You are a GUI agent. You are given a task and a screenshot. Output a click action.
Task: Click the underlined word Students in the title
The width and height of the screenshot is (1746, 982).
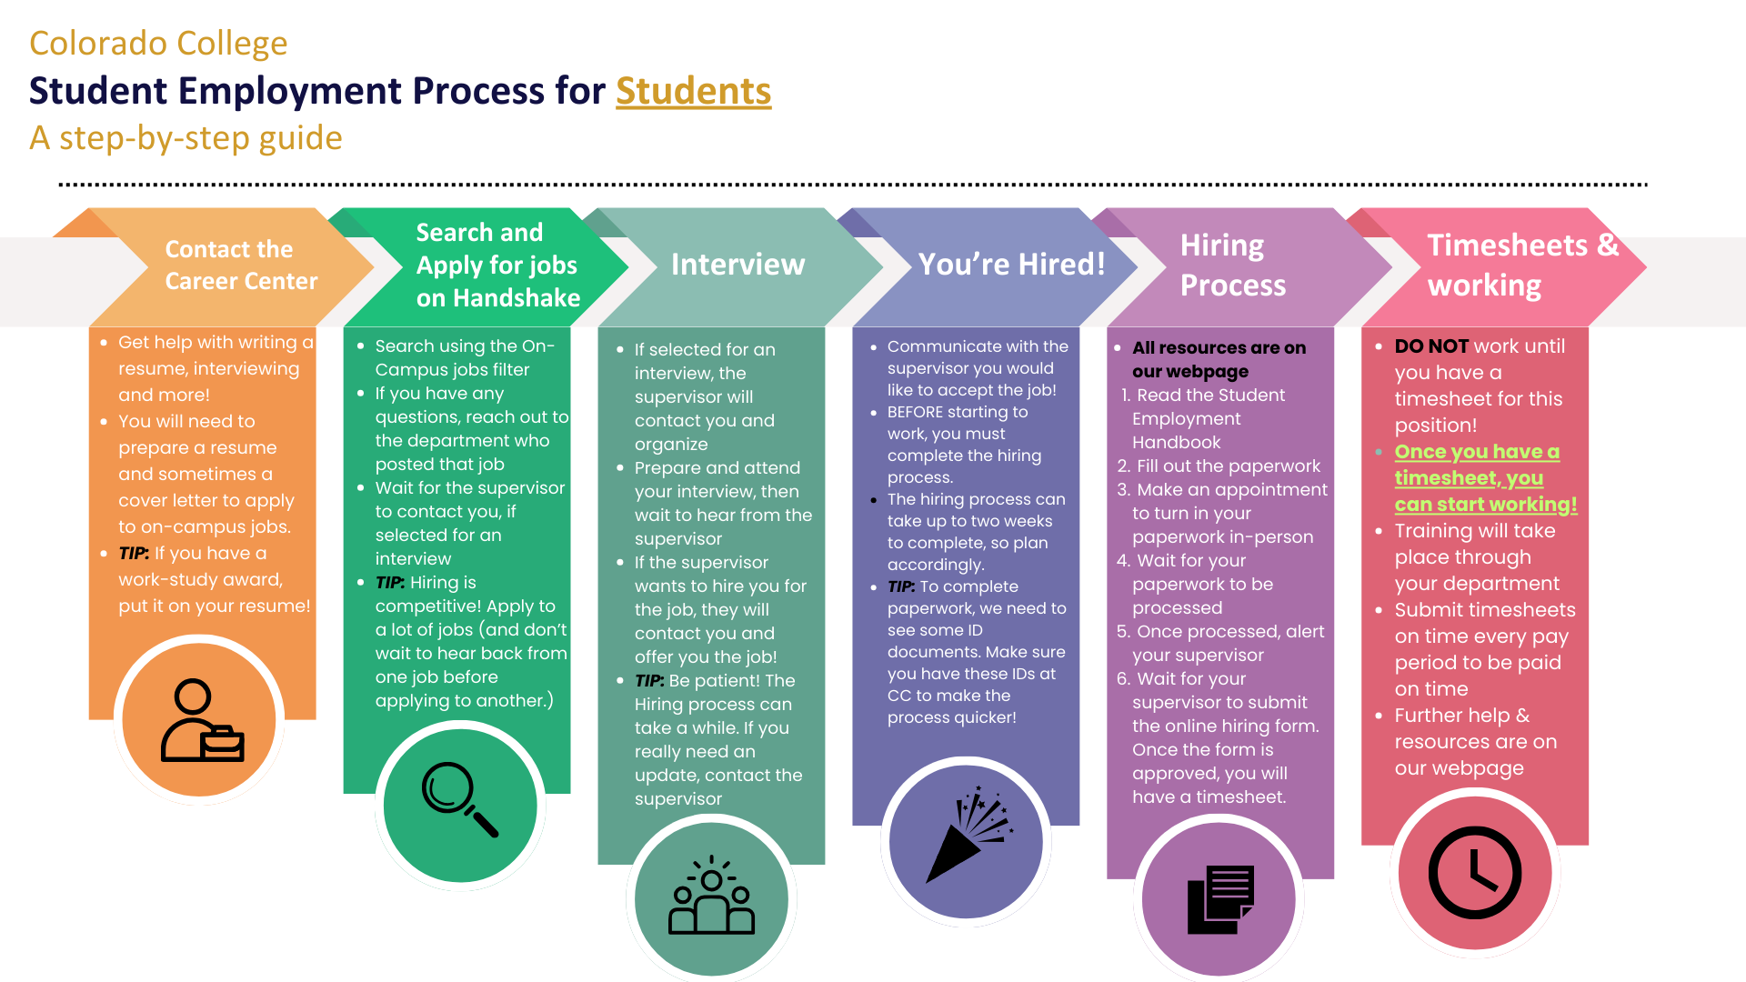(693, 91)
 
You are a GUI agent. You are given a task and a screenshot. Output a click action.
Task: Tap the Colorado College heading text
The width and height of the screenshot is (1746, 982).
(158, 43)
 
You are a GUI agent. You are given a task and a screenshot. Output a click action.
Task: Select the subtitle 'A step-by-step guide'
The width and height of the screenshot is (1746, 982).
(186, 137)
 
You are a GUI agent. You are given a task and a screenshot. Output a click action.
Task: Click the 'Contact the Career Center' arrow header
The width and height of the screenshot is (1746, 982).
(240, 265)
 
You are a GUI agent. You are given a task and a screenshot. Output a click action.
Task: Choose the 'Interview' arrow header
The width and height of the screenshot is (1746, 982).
(738, 264)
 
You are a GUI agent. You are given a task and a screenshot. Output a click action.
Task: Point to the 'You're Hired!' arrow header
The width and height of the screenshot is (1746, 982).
(1011, 264)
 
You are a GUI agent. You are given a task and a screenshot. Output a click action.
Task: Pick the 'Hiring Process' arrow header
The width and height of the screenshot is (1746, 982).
(1232, 265)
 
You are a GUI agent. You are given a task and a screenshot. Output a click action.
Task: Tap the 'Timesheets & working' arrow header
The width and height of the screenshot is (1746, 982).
(1522, 265)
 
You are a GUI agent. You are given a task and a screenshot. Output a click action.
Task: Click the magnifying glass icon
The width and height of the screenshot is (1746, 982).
(460, 799)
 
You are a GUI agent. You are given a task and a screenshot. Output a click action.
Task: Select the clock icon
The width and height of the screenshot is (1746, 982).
(1475, 873)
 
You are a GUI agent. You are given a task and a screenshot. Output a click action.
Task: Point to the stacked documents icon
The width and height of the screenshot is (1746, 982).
(1220, 899)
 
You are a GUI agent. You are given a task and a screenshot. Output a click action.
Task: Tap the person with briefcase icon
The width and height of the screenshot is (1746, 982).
(202, 720)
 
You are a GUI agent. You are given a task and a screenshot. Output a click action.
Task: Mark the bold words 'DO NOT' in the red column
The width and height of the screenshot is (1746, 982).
(1431, 346)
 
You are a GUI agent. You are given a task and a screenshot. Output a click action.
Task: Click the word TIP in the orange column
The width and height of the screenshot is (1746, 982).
(133, 554)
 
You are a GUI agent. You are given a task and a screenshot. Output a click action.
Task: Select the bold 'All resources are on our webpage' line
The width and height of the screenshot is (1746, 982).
(1218, 359)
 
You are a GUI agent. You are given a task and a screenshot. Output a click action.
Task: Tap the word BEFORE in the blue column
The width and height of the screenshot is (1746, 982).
(916, 412)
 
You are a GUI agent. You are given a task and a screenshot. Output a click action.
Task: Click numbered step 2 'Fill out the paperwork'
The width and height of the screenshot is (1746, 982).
(1219, 466)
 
